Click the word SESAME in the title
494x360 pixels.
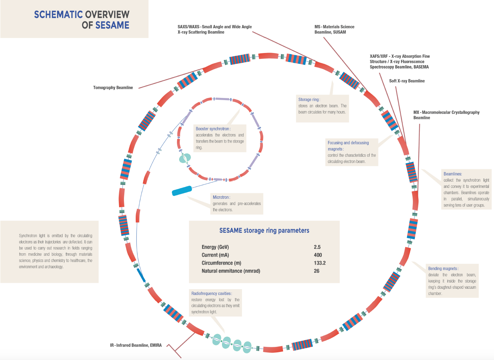[112, 25]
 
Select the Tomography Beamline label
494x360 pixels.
[113, 88]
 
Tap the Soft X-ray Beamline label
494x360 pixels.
[407, 81]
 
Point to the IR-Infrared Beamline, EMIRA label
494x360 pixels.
[136, 345]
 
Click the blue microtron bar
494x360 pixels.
[182, 191]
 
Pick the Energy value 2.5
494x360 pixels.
[317, 247]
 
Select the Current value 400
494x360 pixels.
[318, 255]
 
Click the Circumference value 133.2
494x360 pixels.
[320, 263]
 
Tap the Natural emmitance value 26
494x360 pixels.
[317, 271]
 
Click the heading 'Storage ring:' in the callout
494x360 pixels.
[309, 99]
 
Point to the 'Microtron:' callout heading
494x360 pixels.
[222, 197]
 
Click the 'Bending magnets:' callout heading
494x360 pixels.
[443, 269]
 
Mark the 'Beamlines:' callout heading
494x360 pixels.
[453, 174]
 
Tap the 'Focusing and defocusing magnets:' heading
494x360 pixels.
[348, 146]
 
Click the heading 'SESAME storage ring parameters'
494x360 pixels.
[264, 231]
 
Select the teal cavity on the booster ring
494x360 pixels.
[185, 158]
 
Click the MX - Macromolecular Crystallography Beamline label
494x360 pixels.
[446, 115]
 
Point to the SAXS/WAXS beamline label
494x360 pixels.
[215, 29]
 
